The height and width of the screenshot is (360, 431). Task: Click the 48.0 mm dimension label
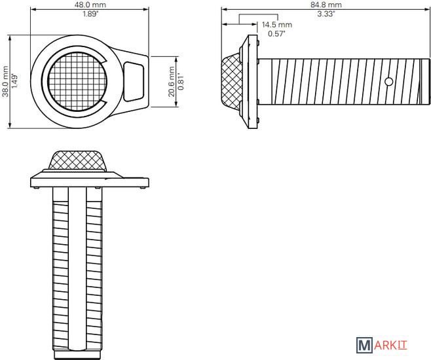[x=90, y=5]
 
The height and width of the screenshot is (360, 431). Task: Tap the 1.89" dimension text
[x=90, y=14]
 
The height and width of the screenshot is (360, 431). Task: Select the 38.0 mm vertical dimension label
[x=5, y=81]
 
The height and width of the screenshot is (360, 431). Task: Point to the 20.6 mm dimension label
[x=172, y=82]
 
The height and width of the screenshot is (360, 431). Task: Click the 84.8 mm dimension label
[x=326, y=5]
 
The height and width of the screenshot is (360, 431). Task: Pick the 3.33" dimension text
[x=326, y=14]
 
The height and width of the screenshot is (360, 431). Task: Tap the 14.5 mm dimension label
[x=277, y=25]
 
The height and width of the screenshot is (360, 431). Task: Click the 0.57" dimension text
[x=276, y=34]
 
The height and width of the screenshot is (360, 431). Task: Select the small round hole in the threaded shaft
[x=388, y=82]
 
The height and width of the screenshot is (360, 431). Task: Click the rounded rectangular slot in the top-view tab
[x=134, y=82]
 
